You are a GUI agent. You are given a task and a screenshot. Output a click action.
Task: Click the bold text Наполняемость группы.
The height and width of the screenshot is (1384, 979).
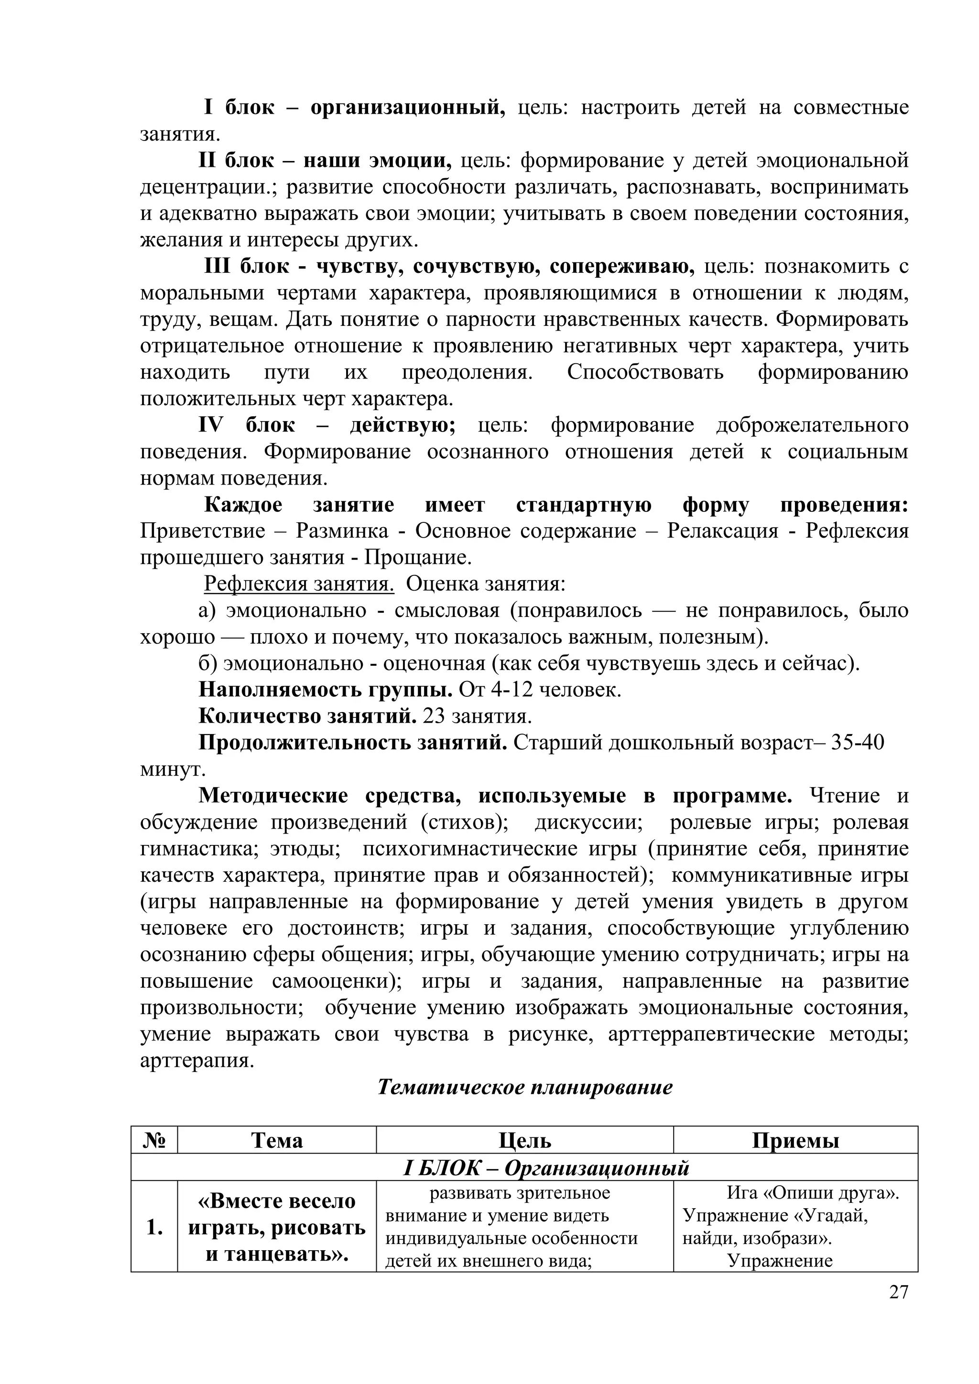pos(326,690)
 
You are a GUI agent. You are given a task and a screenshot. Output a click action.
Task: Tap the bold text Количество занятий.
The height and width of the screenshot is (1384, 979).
pos(307,716)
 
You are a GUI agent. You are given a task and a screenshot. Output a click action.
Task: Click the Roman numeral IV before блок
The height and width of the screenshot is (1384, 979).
pos(210,425)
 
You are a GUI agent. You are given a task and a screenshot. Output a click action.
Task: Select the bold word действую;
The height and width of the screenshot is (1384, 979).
pos(402,425)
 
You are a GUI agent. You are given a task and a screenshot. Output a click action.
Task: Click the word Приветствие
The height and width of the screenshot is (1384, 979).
pos(203,531)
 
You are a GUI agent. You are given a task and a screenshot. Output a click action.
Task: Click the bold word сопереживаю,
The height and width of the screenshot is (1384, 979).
pos(621,267)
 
